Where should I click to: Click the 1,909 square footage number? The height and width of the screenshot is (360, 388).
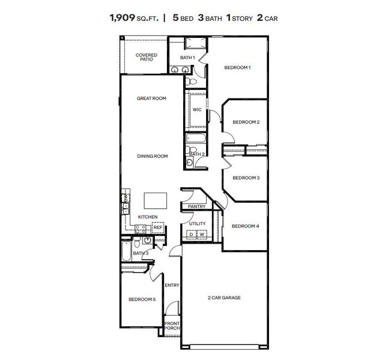123,18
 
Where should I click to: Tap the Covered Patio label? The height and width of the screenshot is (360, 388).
146,58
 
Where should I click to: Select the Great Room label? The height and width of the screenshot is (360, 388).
151,98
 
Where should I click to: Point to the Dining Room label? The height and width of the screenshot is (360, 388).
152,156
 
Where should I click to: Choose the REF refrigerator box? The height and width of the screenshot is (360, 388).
158,228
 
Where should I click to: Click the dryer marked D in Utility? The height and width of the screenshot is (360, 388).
192,234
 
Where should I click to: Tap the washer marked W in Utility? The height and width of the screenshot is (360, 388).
202,234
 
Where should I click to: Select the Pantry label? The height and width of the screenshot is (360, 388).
196,206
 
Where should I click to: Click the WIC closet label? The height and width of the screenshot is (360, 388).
196,110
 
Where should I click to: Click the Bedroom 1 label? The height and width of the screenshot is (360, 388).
237,67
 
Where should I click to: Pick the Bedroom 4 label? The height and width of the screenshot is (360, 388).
246,226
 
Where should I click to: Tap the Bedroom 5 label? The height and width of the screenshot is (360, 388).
141,299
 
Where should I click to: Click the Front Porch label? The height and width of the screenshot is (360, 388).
172,326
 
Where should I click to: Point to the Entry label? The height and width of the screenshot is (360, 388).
172,285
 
